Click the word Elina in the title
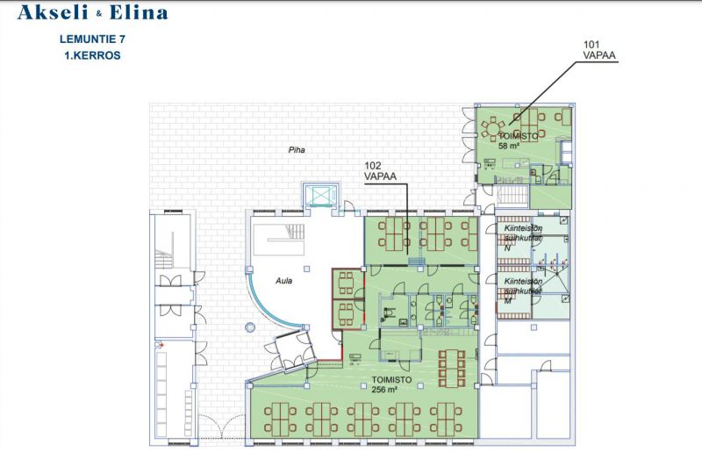pyautogui.click(x=136, y=12)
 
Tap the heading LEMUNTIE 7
pyautogui.click(x=91, y=39)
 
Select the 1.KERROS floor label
pyautogui.click(x=91, y=54)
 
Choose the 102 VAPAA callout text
pyautogui.click(x=380, y=170)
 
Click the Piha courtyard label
pyautogui.click(x=297, y=150)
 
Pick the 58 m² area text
pyautogui.click(x=510, y=147)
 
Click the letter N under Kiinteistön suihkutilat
pyautogui.click(x=507, y=248)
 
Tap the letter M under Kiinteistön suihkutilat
pyautogui.click(x=506, y=298)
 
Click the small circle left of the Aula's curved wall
pyautogui.click(x=249, y=328)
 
